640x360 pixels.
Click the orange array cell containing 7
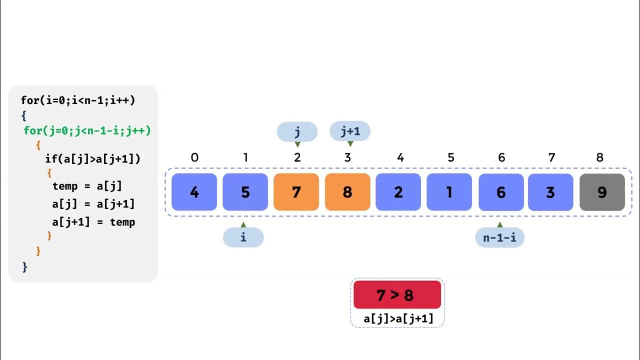296,192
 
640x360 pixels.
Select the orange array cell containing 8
347,192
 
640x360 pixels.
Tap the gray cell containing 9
602,192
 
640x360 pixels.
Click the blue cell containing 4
194,192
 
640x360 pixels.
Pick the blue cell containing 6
500,192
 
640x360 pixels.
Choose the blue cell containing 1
449,192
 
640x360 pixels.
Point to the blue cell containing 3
550,192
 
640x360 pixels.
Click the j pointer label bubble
297,131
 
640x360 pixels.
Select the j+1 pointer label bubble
350,131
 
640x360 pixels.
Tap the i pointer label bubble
243,237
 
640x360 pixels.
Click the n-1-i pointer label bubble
499,237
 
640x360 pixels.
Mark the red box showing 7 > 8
397,295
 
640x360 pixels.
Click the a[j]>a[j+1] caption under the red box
398,318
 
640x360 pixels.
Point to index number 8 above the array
600,157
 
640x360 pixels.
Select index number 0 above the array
194,157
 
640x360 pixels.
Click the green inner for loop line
87,131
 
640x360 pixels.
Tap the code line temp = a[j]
87,186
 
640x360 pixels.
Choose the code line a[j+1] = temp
93,222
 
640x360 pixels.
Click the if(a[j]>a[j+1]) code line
92,159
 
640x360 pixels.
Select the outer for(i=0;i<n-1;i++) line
78,100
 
